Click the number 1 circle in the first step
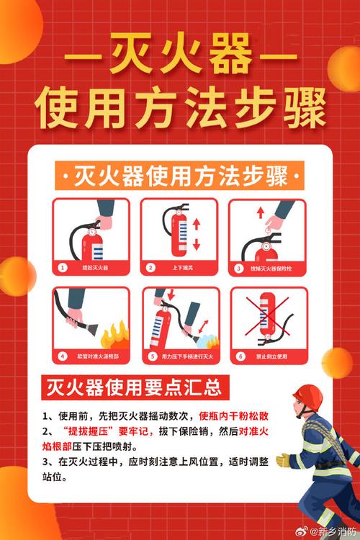point(63,267)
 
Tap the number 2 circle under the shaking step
point(150,267)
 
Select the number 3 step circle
point(239,267)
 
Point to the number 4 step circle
point(63,356)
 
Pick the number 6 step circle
point(239,356)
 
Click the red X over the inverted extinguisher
point(268,317)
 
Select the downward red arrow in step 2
point(196,245)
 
